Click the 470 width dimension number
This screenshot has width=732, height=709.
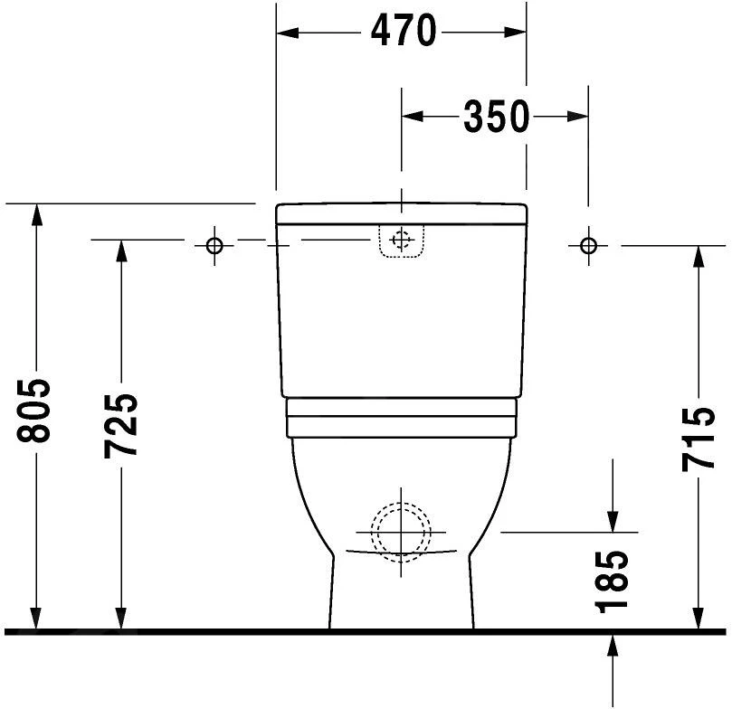(x=402, y=33)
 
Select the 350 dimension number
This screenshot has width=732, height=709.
(x=496, y=116)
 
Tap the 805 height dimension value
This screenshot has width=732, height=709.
(x=35, y=411)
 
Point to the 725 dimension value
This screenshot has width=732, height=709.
(x=119, y=425)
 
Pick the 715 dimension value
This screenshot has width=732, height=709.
(x=699, y=440)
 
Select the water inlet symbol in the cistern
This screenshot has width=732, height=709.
(x=402, y=241)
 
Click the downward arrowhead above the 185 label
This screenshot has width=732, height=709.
(x=613, y=522)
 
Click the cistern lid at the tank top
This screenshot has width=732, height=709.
(x=402, y=213)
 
